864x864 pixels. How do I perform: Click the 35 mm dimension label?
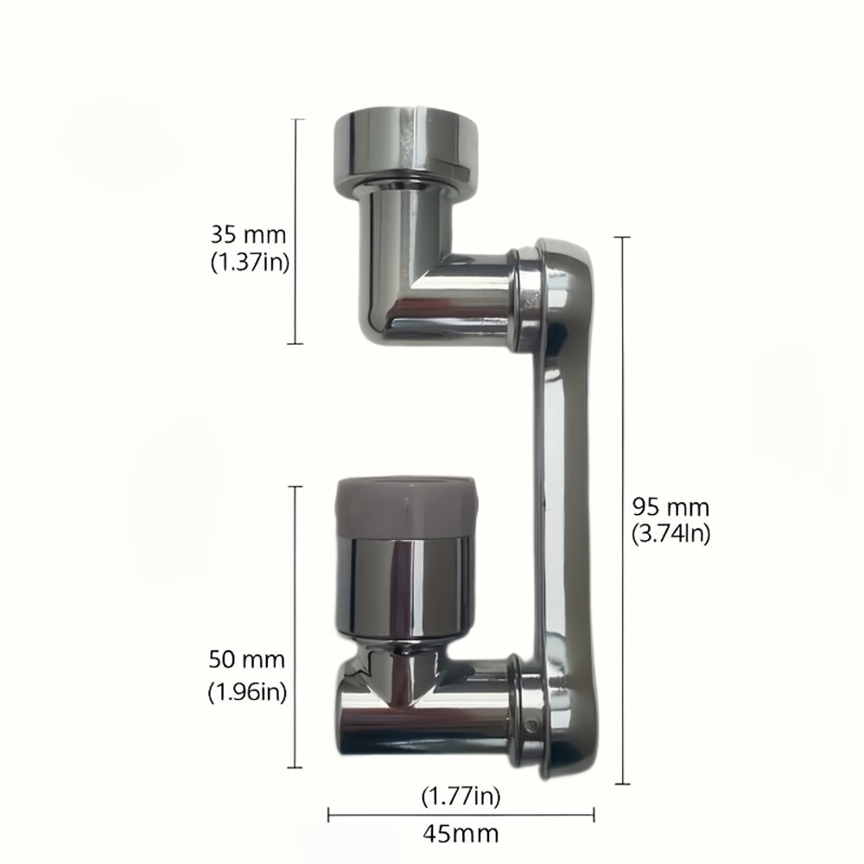pos(247,234)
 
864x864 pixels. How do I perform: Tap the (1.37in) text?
pos(249,262)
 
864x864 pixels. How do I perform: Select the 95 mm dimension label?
pos(670,506)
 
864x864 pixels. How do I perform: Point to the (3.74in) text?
pos(670,534)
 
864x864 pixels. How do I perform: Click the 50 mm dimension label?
pos(247,661)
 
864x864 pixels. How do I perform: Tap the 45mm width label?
pos(461,833)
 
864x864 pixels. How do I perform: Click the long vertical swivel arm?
pos(566,501)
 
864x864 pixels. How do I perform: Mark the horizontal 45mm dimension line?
pos(461,813)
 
